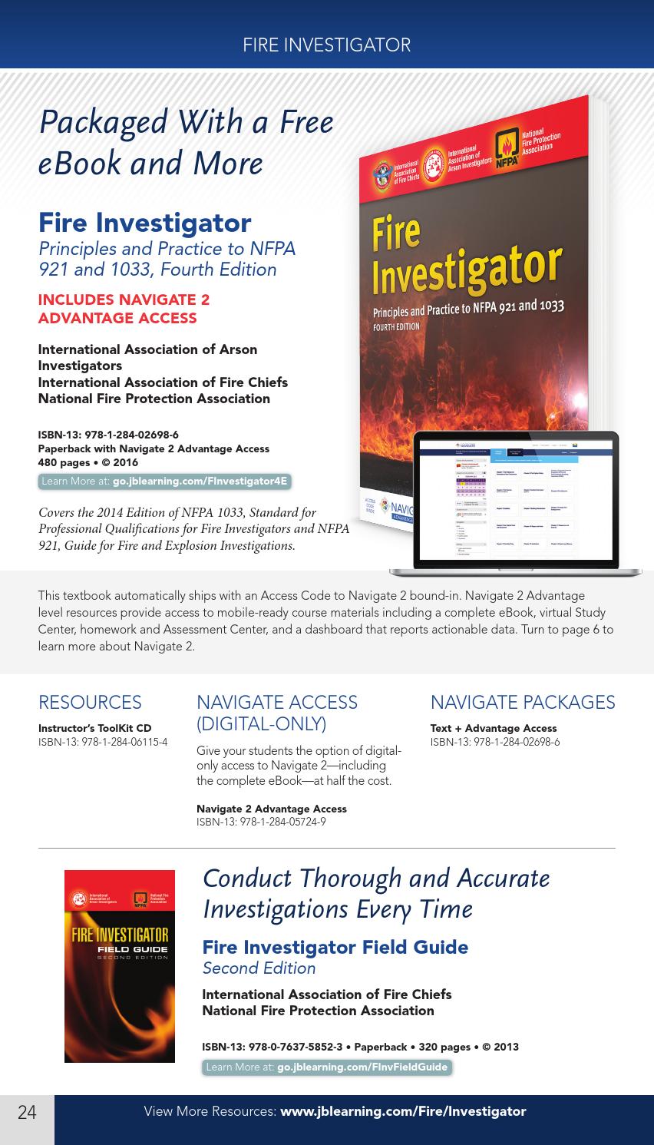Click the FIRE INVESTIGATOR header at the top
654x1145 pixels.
(326, 45)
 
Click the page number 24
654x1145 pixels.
(27, 1112)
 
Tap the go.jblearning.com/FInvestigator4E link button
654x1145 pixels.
(164, 481)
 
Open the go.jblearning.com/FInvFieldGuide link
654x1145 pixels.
(327, 1067)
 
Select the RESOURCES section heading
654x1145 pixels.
(90, 703)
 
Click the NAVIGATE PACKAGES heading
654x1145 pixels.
(522, 703)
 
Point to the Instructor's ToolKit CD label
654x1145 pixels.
(94, 728)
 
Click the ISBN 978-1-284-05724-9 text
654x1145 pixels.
(261, 822)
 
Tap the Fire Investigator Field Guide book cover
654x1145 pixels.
(119, 966)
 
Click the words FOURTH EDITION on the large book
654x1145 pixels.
(396, 326)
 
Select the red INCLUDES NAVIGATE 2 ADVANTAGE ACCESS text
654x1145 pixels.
(124, 309)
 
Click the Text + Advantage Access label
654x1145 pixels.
(493, 728)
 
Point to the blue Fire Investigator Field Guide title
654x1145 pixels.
(335, 947)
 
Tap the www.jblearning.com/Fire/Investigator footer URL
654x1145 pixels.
(403, 1111)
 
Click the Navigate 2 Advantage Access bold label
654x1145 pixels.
(271, 809)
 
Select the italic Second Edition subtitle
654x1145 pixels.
(259, 968)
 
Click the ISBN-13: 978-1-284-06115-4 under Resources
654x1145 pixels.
(103, 742)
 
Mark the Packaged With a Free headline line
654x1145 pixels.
(186, 122)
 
